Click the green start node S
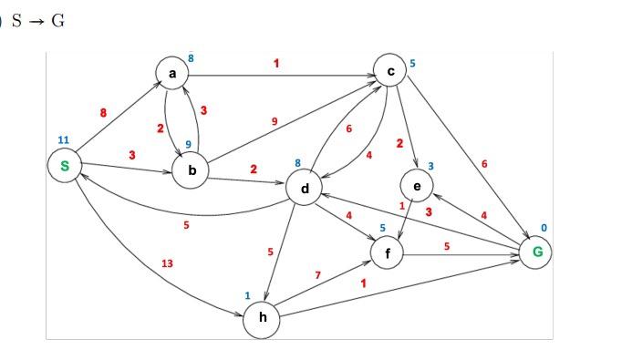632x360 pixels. (x=65, y=166)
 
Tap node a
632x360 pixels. (x=171, y=72)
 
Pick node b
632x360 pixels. (x=192, y=170)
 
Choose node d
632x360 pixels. (x=305, y=189)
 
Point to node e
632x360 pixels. (x=417, y=186)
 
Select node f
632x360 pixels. (x=388, y=252)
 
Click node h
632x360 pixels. (x=262, y=318)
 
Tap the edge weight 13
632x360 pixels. (x=167, y=263)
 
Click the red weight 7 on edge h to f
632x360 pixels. (x=317, y=275)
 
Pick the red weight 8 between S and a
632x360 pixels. (x=103, y=112)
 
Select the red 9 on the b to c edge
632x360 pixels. (x=275, y=121)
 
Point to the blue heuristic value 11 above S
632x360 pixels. (x=63, y=139)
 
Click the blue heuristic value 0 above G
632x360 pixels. (x=545, y=226)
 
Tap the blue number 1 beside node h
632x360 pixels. (x=247, y=295)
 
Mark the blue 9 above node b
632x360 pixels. (x=188, y=144)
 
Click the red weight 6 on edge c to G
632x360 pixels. (x=484, y=163)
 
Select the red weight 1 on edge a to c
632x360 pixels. (x=275, y=63)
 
